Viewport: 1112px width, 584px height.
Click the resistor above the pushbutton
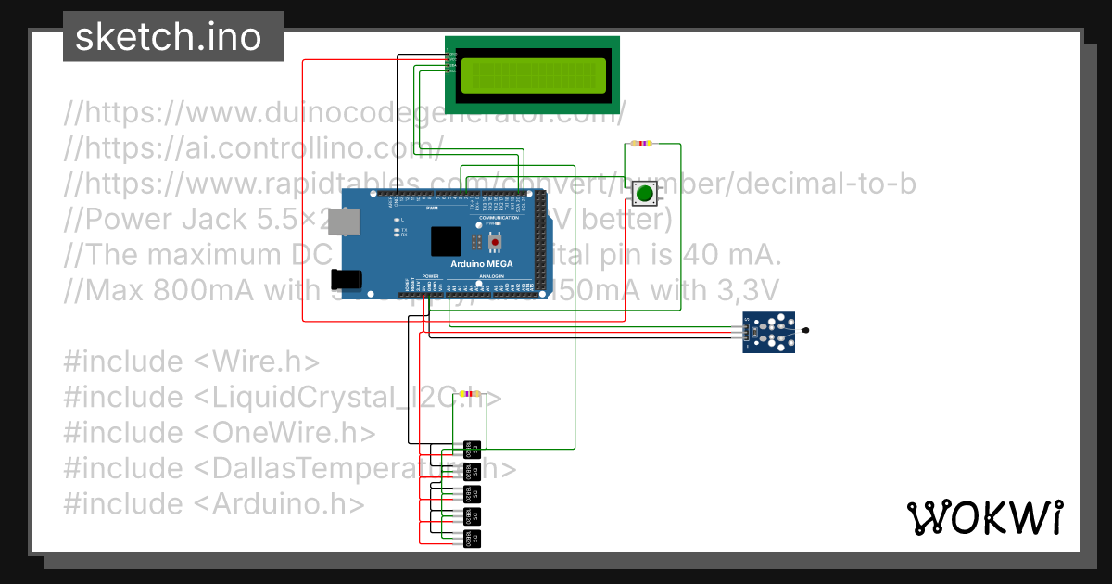(x=640, y=144)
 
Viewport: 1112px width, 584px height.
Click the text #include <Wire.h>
(x=192, y=362)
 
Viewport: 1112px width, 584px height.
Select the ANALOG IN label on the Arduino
(x=490, y=276)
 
